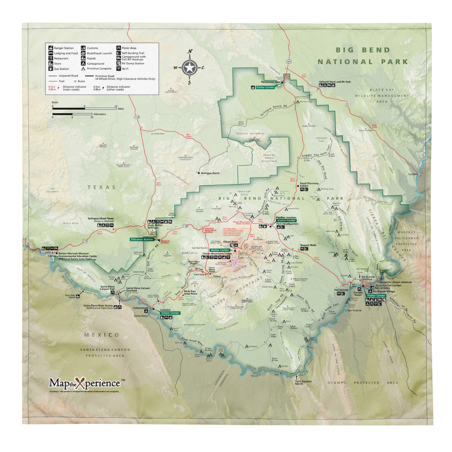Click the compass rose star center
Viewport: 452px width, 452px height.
click(x=189, y=67)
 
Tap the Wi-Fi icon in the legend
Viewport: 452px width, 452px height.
click(x=119, y=69)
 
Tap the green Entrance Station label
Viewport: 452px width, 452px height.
click(x=142, y=239)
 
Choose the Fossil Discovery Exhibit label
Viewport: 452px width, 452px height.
click(x=310, y=185)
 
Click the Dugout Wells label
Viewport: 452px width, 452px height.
click(x=308, y=245)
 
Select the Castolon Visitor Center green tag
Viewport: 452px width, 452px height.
click(x=170, y=313)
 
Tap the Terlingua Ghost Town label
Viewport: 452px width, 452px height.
click(x=102, y=220)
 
